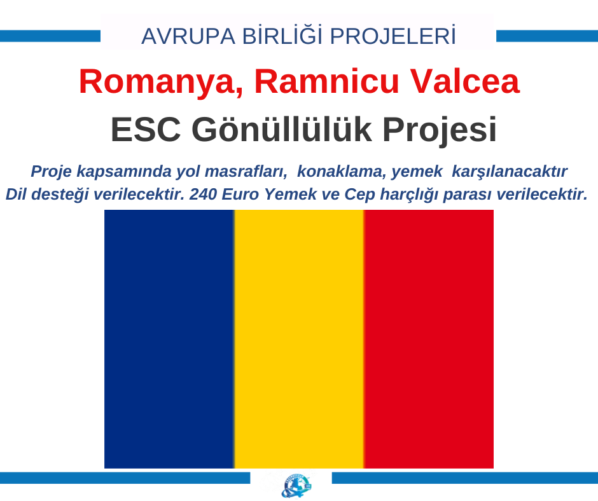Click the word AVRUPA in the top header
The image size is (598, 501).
coord(188,36)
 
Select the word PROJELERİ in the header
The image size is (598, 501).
coord(393,36)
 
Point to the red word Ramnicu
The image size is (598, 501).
coord(326,81)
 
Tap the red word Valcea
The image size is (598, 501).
coord(464,81)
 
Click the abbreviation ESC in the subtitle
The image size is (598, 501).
coord(146,130)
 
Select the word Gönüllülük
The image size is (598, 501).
coord(282,129)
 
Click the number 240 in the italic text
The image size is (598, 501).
coord(203,194)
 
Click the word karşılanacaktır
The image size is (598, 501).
coord(510,172)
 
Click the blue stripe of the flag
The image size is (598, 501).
coord(169,339)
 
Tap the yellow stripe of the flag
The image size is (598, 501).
coord(299,339)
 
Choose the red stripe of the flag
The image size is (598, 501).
coord(429,339)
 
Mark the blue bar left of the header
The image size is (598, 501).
coord(50,36)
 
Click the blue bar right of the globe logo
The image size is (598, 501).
coord(465,478)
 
